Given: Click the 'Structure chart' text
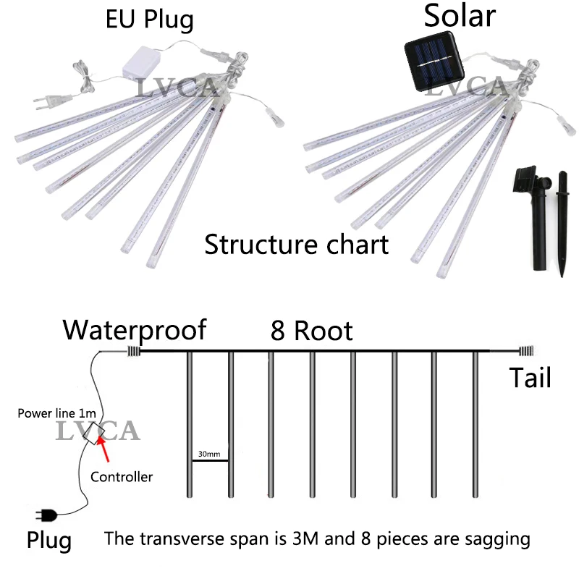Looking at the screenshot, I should click(296, 245).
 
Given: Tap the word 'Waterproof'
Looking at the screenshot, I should click(135, 330).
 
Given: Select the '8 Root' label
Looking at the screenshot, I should click(312, 331).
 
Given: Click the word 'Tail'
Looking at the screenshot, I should click(530, 378).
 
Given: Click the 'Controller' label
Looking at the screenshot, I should click(122, 477).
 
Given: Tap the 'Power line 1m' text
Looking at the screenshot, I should click(57, 414).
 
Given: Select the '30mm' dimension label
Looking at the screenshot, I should click(209, 455).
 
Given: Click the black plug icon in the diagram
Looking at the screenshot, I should click(49, 515).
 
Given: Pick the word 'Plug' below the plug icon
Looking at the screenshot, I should click(49, 540).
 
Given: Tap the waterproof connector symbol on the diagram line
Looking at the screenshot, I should click(133, 351).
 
